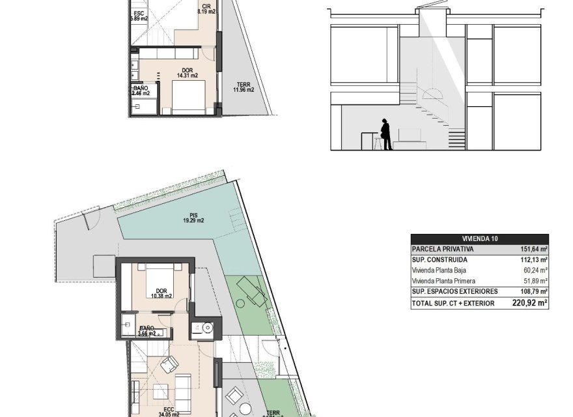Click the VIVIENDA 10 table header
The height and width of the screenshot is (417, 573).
tap(479, 239)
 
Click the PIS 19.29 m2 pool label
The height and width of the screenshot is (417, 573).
tap(193, 217)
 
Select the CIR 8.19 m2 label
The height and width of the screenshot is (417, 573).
tap(206, 8)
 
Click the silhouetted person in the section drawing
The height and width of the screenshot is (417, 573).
tap(385, 134)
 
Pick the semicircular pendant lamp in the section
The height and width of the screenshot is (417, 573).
tap(436, 93)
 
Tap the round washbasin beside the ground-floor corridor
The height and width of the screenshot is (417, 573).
tap(208, 328)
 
